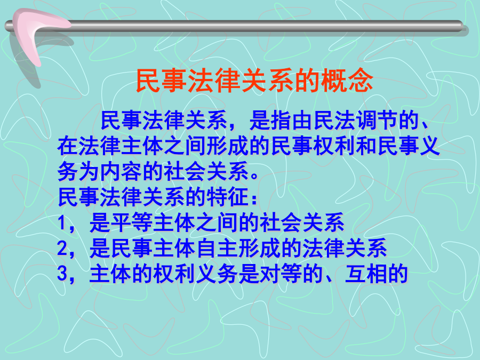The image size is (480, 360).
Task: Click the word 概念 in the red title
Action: coord(347,80)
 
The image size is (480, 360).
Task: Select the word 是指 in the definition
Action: coord(270,120)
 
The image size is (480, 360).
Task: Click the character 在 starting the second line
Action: coord(68,146)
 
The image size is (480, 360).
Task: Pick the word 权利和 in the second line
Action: coord(345,146)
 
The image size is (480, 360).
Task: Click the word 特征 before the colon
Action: coord(227,197)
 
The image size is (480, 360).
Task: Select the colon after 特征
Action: coord(254,199)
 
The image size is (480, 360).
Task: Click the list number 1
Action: coord(62,222)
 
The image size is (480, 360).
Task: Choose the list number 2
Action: coord(62,248)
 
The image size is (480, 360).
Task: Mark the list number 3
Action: coord(62,274)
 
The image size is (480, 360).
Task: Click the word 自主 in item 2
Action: coord(217,248)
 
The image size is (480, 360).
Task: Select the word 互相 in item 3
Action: coord(366,274)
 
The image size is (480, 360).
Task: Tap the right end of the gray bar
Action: coord(462,26)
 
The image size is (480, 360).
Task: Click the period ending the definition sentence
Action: coord(255,177)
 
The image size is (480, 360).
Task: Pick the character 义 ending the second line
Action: coord(429,146)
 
